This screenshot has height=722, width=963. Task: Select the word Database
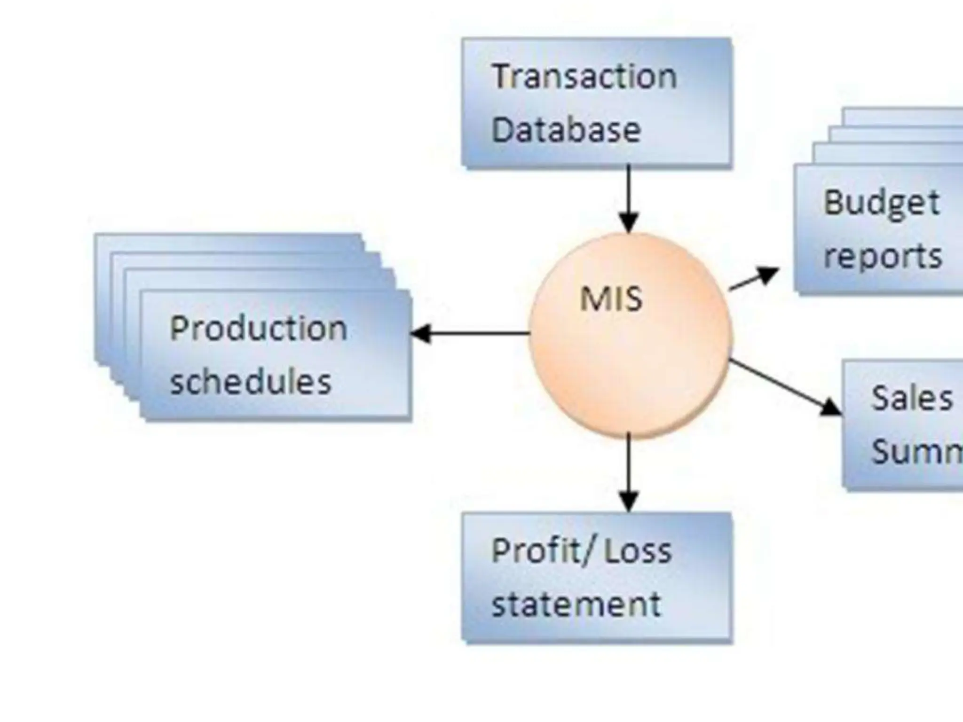[x=566, y=130]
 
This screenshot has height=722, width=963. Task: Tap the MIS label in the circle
[x=611, y=299]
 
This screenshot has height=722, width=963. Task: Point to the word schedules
[x=251, y=382]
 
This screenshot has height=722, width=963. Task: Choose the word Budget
[x=881, y=203]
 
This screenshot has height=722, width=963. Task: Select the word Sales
[x=912, y=399]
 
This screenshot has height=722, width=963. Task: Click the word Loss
[x=638, y=551]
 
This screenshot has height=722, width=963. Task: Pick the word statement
[x=576, y=604]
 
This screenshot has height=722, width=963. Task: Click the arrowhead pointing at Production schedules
[x=420, y=333]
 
